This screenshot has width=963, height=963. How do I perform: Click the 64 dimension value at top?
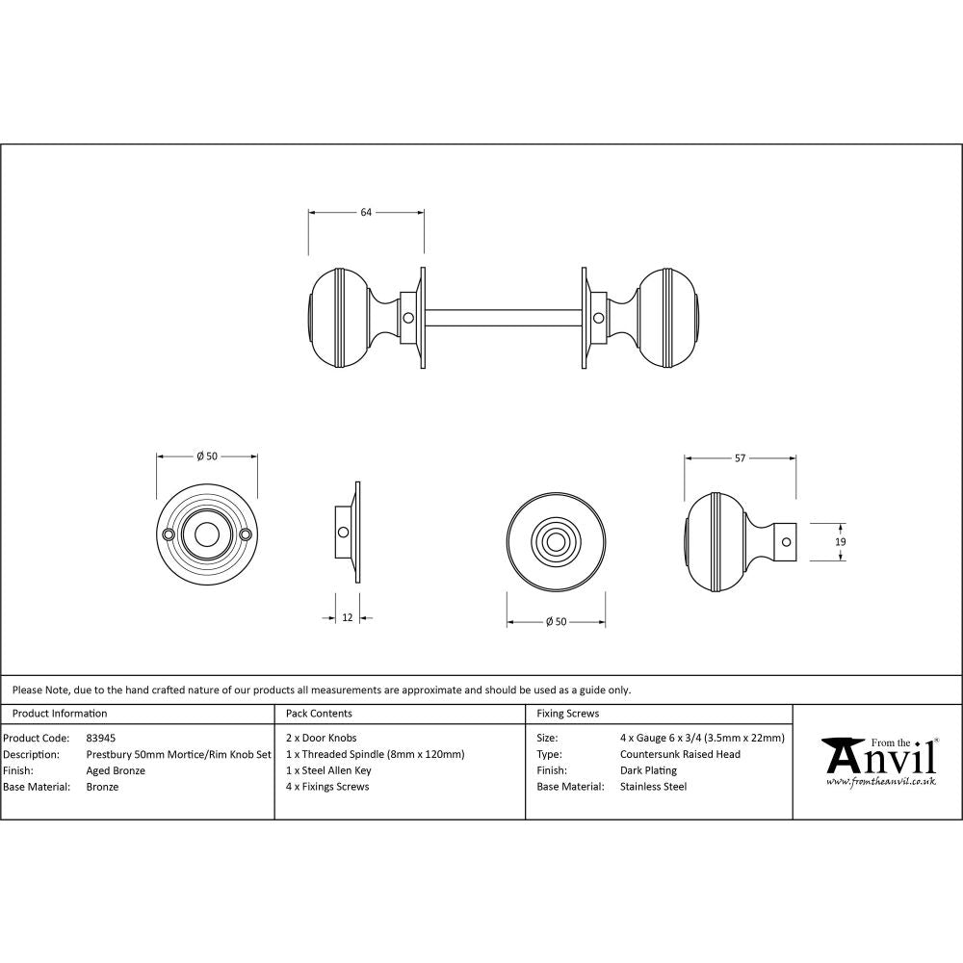(x=366, y=213)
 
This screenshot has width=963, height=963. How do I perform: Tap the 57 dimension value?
(x=740, y=458)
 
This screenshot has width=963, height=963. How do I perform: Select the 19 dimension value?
(x=841, y=543)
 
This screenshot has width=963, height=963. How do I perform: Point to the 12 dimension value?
(x=347, y=617)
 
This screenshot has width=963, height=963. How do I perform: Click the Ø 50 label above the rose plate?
(x=206, y=456)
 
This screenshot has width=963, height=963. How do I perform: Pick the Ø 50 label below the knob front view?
(x=556, y=622)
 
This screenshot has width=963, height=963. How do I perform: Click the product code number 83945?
(x=101, y=738)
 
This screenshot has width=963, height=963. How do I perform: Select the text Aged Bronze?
(x=116, y=770)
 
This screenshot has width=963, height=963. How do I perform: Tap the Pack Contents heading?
(x=319, y=714)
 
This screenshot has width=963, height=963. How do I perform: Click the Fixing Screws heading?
(x=567, y=714)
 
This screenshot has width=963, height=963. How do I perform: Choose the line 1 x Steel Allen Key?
(x=328, y=770)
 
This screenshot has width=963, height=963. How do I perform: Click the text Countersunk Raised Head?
(x=680, y=754)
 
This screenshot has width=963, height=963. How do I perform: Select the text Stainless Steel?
(x=653, y=787)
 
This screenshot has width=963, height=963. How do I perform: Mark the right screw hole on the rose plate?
(x=246, y=534)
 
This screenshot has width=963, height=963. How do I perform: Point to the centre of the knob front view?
(x=556, y=542)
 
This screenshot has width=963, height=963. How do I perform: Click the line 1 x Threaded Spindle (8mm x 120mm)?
(x=375, y=754)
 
